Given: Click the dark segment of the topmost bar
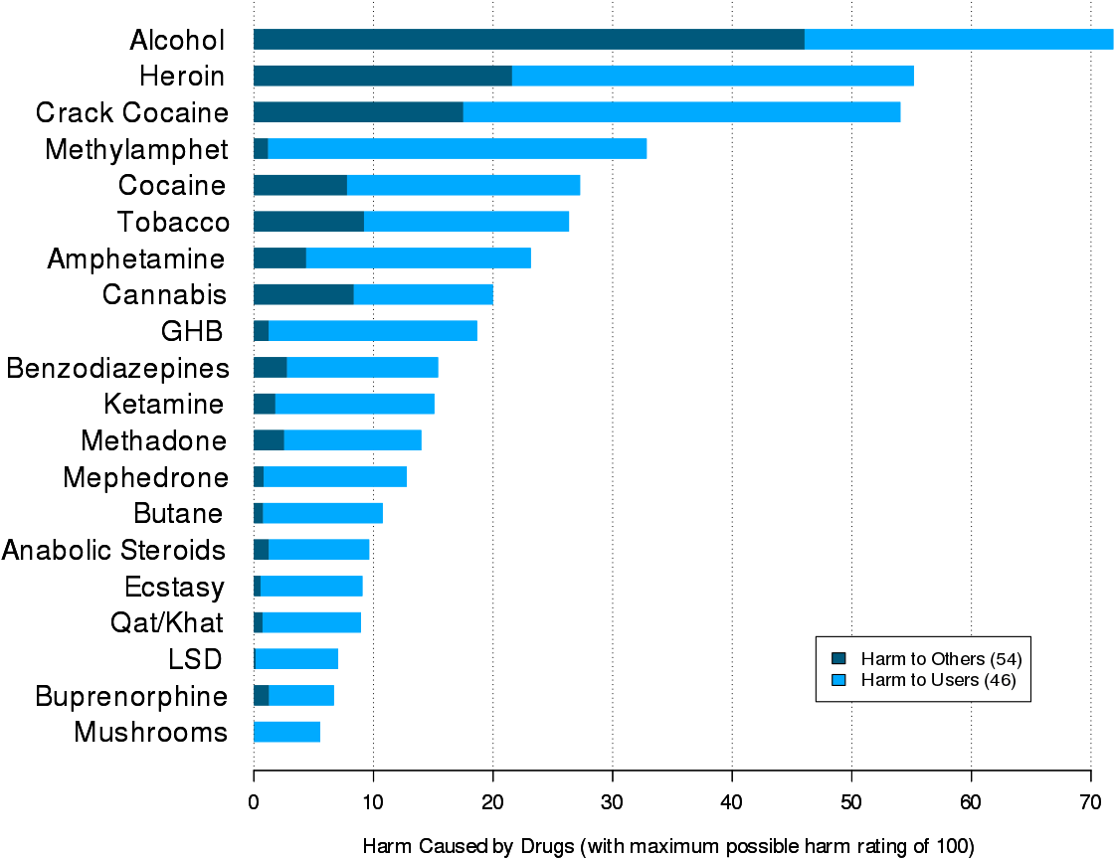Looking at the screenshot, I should tap(528, 40).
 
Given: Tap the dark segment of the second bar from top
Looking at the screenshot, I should tap(383, 76).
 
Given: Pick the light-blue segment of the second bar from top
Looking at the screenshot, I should tap(712, 76).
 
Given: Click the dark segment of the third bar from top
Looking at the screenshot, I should tap(358, 112).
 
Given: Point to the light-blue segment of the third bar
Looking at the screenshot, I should tap(681, 112).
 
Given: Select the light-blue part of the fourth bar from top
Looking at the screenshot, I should tap(458, 149).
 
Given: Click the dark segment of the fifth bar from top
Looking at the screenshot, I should tap(300, 185).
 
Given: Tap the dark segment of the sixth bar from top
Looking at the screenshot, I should tap(308, 222).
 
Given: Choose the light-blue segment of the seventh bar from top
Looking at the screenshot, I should tap(418, 258).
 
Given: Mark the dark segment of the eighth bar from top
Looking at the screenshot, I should tap(303, 294).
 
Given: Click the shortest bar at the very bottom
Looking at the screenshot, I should tap(287, 732).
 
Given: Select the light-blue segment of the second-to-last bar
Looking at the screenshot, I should tap(301, 695).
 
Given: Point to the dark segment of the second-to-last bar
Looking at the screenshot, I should tap(262, 695).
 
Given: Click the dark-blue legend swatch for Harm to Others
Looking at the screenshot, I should tap(838, 658).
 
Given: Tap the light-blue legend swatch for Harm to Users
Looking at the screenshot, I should tap(838, 680).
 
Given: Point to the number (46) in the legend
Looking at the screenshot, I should tap(1000, 681).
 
